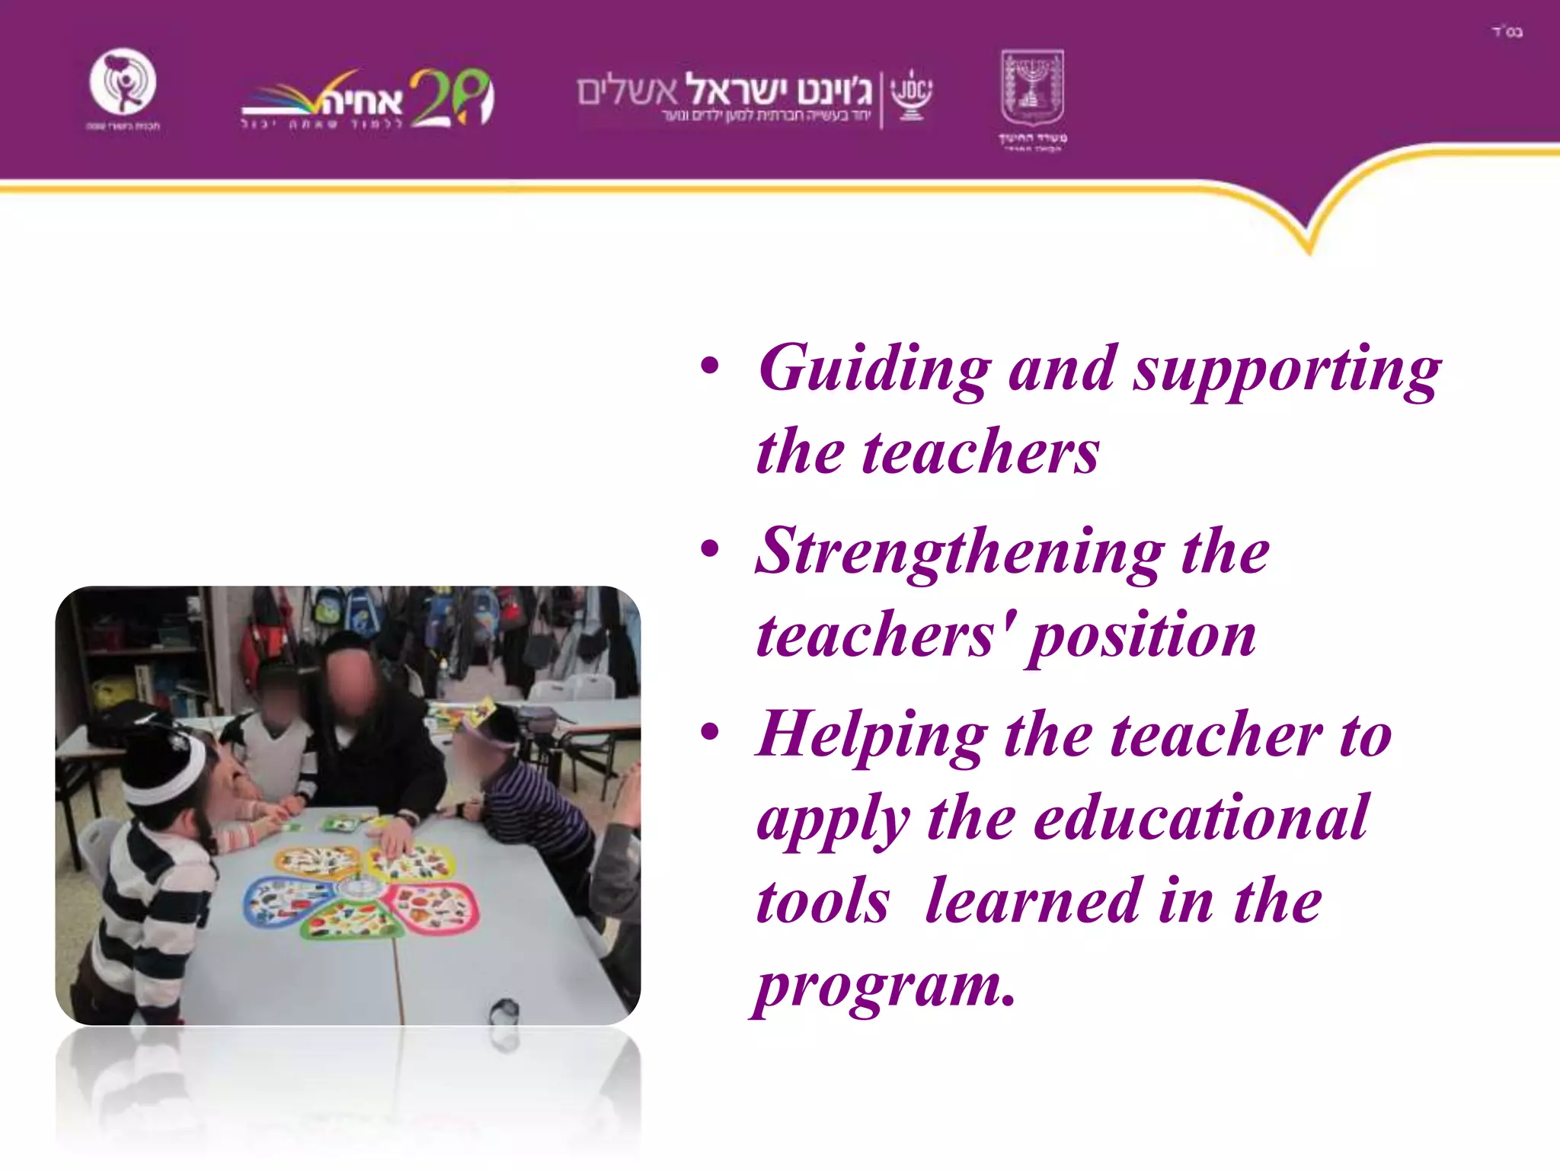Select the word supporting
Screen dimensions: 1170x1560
(1287, 372)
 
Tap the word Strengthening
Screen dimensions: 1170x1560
(959, 553)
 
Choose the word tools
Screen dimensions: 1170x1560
(823, 902)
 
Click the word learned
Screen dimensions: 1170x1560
(1032, 902)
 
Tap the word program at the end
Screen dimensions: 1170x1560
(884, 986)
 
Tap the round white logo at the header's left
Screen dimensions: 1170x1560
(123, 82)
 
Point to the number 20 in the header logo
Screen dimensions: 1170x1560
(451, 97)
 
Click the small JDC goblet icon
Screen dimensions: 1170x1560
(911, 96)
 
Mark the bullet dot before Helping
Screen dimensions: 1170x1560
(710, 732)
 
